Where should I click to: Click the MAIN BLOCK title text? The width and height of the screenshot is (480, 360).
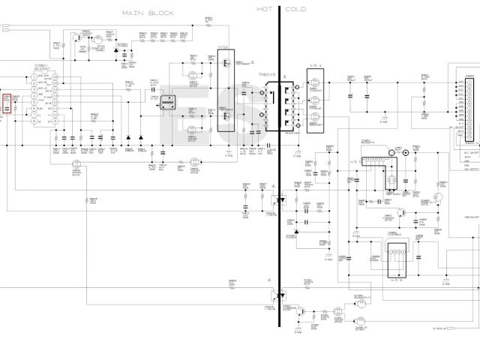point(149,13)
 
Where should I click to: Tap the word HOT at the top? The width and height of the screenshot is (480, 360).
point(265,10)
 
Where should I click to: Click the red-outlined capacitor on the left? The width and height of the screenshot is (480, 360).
point(7,104)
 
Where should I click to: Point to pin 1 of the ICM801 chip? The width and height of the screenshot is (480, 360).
point(34,77)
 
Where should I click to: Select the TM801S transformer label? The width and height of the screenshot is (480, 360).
point(268,75)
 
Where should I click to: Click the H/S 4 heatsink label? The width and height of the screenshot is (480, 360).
point(314,66)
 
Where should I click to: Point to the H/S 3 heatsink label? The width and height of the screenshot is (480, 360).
point(223,46)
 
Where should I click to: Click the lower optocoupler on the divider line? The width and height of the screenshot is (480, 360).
point(280,296)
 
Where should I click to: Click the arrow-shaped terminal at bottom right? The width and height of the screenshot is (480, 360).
point(454,328)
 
